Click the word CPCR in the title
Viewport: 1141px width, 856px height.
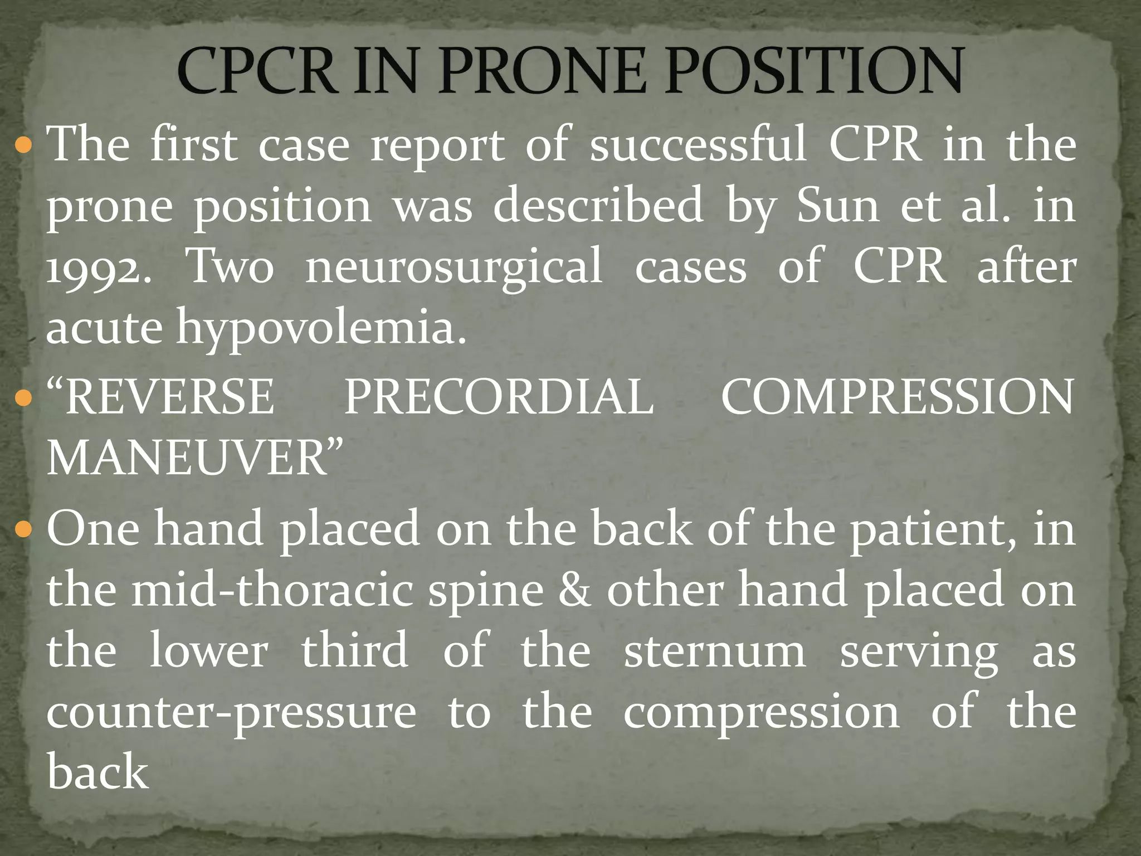click(257, 71)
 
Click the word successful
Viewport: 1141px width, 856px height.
click(698, 144)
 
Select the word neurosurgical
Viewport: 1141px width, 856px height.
click(454, 266)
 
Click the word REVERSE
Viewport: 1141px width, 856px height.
click(170, 397)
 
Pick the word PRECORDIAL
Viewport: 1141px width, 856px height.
click(499, 397)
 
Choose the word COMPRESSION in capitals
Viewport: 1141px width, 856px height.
click(897, 397)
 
